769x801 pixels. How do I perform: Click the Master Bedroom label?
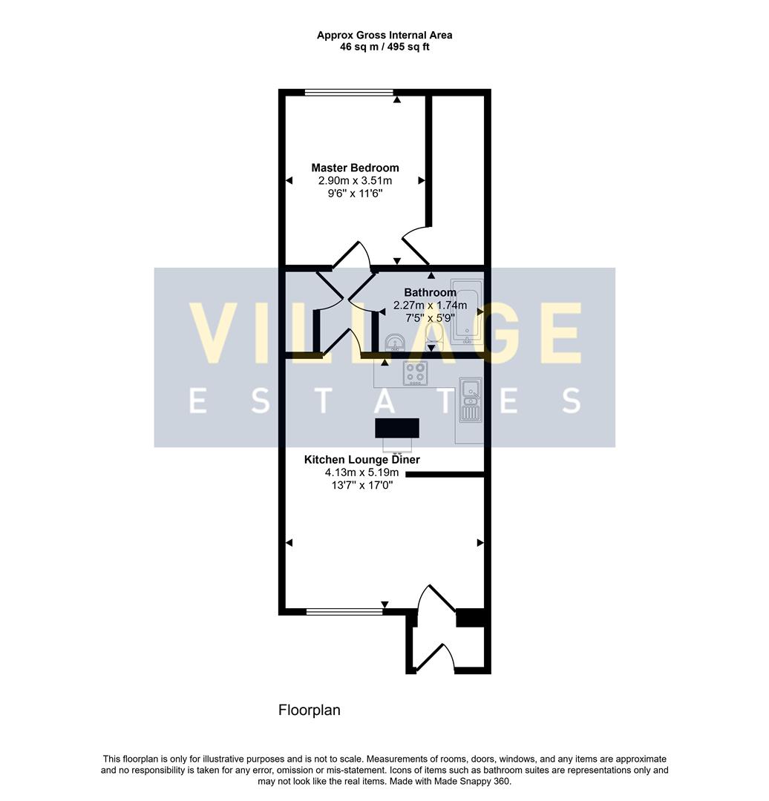click(355, 168)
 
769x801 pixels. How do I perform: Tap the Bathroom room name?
click(430, 293)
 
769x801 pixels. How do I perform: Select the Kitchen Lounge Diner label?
click(361, 460)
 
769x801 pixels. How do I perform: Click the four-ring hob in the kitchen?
click(415, 373)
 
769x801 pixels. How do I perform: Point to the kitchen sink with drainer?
click(470, 400)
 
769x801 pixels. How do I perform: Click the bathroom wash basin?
click(394, 342)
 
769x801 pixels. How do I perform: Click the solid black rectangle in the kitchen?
click(397, 428)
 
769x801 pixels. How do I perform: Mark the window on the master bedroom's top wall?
click(349, 93)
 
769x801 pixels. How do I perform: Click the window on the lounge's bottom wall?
click(344, 612)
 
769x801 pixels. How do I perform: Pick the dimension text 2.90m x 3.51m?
click(355, 181)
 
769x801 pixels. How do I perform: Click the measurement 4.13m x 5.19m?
click(361, 472)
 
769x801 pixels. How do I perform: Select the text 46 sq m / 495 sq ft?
click(384, 47)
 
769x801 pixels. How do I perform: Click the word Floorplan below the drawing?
click(310, 711)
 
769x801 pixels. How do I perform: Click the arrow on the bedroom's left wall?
click(288, 180)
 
